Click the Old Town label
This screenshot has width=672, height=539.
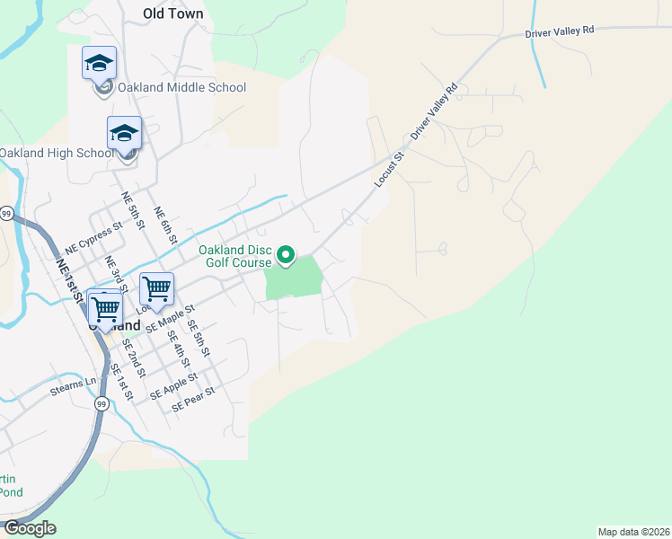point(173,13)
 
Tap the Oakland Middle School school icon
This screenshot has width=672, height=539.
point(99,63)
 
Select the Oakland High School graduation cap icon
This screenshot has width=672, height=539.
point(124,133)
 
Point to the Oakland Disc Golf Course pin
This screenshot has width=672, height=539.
point(286,256)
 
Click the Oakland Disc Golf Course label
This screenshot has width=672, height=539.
point(235,256)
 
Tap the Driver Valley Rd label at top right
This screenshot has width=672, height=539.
point(560,31)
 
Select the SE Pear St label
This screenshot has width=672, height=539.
point(194,399)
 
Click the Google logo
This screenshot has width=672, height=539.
point(30,528)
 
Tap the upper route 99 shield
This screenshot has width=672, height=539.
point(7,213)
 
